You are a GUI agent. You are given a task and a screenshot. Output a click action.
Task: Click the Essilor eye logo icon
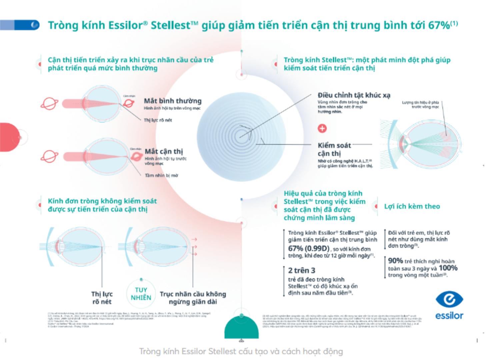click(449, 299)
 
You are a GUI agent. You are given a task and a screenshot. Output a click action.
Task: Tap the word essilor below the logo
click(449, 316)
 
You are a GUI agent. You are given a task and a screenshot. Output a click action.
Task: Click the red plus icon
click(322, 128)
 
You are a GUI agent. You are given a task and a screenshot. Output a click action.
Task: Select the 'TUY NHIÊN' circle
click(141, 294)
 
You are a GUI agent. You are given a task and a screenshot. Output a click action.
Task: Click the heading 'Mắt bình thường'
click(173, 101)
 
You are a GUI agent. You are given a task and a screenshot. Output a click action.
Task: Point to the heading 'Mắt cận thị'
click(164, 151)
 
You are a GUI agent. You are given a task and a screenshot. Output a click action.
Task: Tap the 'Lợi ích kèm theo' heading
click(412, 206)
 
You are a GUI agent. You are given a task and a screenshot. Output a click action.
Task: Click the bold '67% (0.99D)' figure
click(309, 249)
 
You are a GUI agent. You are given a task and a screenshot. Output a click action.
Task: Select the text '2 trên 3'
click(302, 270)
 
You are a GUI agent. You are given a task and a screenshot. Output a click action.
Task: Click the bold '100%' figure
click(448, 268)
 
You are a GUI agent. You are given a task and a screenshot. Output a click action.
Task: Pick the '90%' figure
click(395, 261)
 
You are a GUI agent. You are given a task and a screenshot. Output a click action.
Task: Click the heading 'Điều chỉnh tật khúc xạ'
click(354, 95)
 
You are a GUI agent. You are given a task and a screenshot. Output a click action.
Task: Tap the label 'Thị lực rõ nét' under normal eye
click(158, 120)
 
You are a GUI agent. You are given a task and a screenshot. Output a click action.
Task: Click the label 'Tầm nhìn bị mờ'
click(161, 175)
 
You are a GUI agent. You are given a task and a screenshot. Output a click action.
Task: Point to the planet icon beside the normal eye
click(49, 104)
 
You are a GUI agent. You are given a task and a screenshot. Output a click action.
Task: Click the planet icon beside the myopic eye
click(49, 156)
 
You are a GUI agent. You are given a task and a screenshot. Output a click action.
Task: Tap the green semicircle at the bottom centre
click(242, 329)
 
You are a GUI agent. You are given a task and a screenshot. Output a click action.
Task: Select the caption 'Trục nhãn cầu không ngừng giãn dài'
click(193, 298)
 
